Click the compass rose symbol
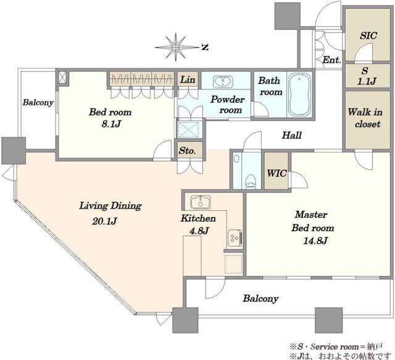[x=175, y=47]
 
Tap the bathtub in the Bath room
[x=299, y=94]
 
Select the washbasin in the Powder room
[x=223, y=81]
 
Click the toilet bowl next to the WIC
[x=251, y=182]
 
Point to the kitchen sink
[x=201, y=202]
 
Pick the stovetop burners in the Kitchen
[x=235, y=238]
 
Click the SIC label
[x=368, y=36]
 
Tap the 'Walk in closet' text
[x=365, y=118]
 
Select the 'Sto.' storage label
[x=187, y=150]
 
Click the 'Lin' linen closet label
[x=188, y=80]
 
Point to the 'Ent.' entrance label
[x=331, y=60]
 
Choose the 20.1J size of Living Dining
[x=104, y=221]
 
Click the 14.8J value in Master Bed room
[x=315, y=241]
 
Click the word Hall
[x=291, y=136]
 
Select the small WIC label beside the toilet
[x=276, y=173]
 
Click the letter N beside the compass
[x=205, y=47]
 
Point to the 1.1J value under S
[x=367, y=81]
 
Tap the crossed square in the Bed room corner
[x=62, y=77]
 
